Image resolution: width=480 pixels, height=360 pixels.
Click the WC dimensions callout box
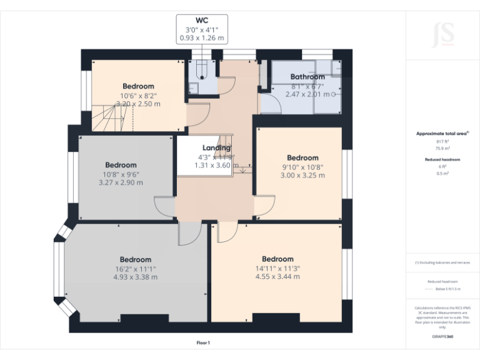pyautogui.click(x=201, y=29)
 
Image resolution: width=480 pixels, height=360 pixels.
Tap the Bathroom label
pyautogui.click(x=307, y=77)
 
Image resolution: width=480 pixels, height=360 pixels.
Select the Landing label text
pyautogui.click(x=216, y=147)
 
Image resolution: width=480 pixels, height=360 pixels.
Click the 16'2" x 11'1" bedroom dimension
pyautogui.click(x=135, y=268)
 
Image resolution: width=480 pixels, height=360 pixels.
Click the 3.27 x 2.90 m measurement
pyautogui.click(x=121, y=183)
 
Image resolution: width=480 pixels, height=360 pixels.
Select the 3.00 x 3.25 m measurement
pyautogui.click(x=302, y=176)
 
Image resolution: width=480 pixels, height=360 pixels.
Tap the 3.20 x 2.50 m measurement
pyautogui.click(x=138, y=104)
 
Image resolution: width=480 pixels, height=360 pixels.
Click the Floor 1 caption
pyautogui.click(x=203, y=342)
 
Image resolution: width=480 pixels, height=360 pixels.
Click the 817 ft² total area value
pyautogui.click(x=443, y=142)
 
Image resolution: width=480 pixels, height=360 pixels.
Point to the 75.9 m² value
pyautogui.click(x=443, y=149)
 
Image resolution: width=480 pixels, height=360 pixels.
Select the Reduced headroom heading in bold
pyautogui.click(x=443, y=160)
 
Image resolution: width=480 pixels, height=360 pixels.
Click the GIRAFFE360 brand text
pyautogui.click(x=443, y=337)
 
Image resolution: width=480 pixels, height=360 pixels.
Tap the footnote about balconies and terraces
pyautogui.click(x=443, y=262)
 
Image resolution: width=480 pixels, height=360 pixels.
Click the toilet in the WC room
pyautogui.click(x=201, y=69)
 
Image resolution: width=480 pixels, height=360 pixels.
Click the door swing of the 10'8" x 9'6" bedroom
pyautogui.click(x=165, y=207)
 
